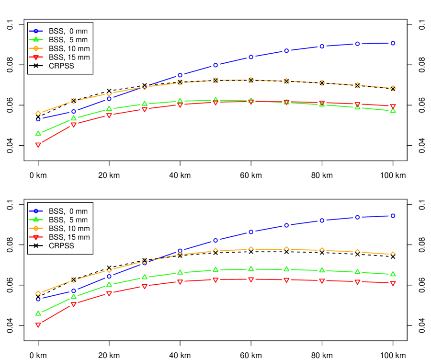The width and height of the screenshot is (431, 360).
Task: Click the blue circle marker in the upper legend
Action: click(x=36, y=31)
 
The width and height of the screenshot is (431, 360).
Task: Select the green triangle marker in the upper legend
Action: click(x=36, y=39)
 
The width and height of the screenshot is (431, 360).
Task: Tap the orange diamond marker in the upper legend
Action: click(x=36, y=48)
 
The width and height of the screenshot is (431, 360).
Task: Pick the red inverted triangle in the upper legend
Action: click(x=36, y=57)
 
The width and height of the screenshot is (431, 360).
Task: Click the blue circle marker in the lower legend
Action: click(x=36, y=210)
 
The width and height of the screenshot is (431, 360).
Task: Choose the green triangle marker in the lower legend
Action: click(x=36, y=219)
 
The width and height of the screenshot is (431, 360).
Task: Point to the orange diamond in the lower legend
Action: click(x=36, y=228)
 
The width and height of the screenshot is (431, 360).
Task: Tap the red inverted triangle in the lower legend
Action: click(x=36, y=237)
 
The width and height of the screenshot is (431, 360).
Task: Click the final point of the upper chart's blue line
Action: click(x=393, y=43)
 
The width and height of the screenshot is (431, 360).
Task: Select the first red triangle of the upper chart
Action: click(x=38, y=145)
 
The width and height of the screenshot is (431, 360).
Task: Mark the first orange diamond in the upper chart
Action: click(x=38, y=114)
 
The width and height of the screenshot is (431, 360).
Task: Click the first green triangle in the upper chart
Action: click(x=38, y=133)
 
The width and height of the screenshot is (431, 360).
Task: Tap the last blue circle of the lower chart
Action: click(x=393, y=216)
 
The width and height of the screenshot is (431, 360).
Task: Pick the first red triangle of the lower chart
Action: click(x=38, y=325)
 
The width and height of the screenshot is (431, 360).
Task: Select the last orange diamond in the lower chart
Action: click(x=393, y=254)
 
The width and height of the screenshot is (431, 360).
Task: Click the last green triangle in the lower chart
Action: click(x=393, y=274)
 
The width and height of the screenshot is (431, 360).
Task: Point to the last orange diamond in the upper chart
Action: click(x=393, y=88)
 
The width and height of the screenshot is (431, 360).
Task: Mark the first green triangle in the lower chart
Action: click(x=38, y=313)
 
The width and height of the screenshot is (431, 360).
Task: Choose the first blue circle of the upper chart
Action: click(x=38, y=119)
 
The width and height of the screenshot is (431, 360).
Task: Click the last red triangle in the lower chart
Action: click(x=393, y=283)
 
